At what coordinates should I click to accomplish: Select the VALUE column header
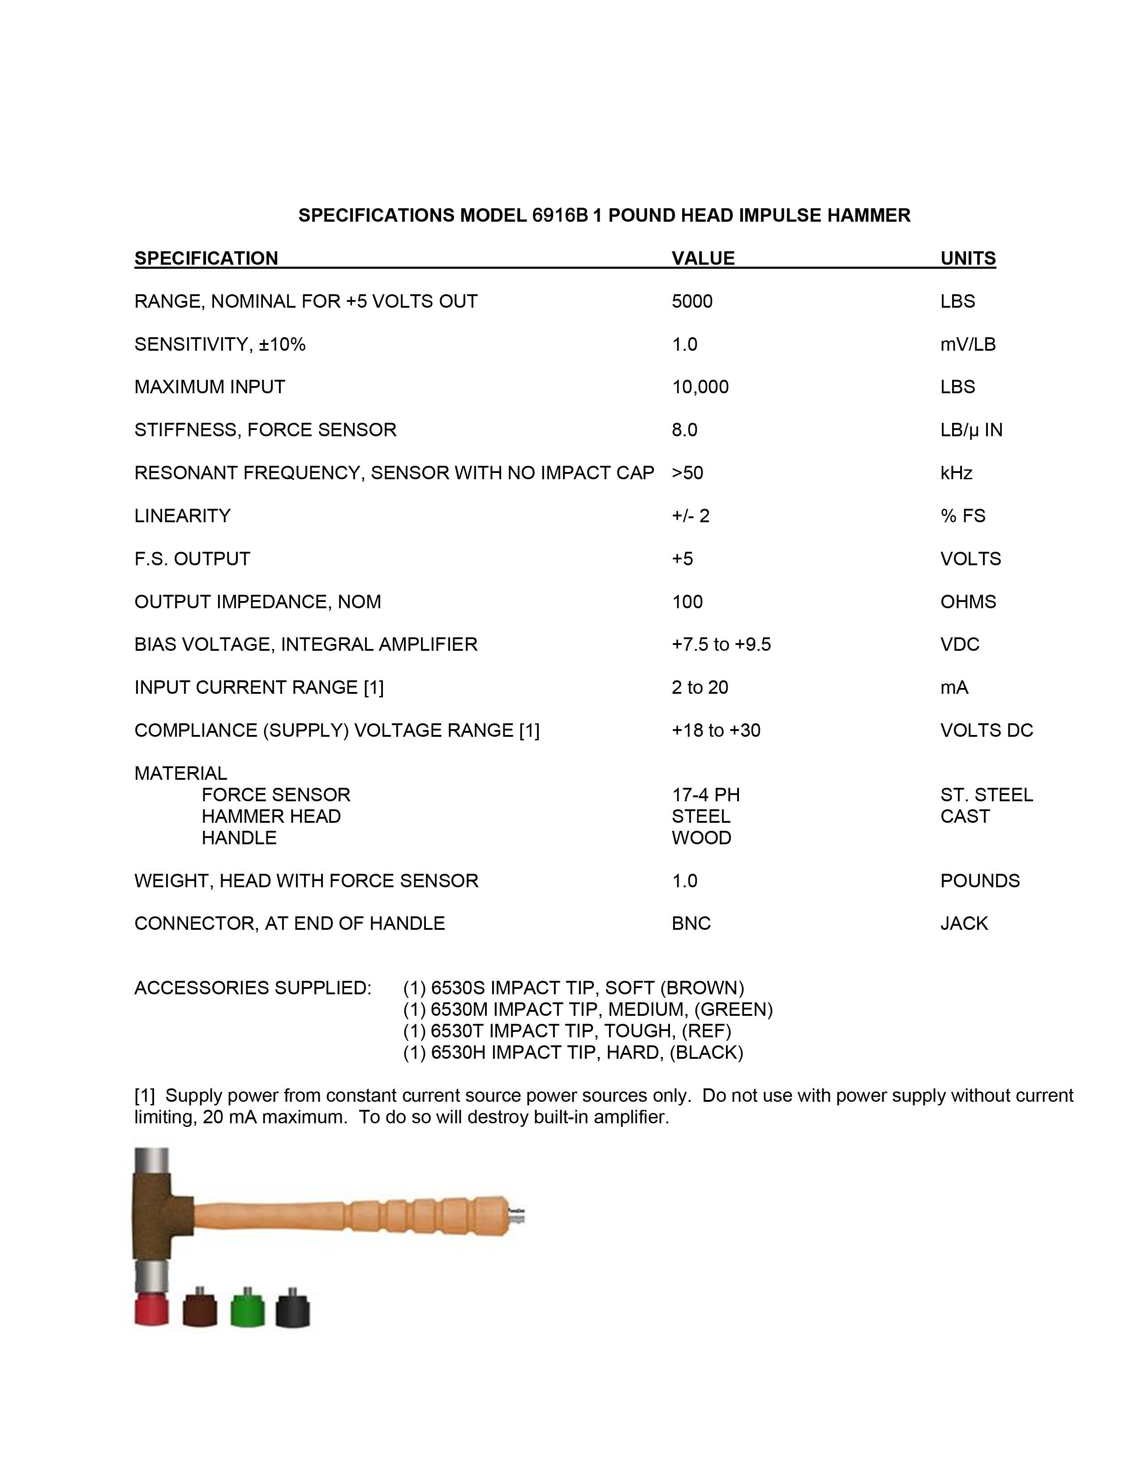point(703,258)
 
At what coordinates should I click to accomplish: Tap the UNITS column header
point(967,258)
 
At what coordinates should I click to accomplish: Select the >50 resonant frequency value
point(687,473)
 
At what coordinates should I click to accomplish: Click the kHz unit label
point(956,473)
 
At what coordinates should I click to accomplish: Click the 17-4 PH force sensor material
point(706,795)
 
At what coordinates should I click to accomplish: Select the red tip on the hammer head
point(151,1310)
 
